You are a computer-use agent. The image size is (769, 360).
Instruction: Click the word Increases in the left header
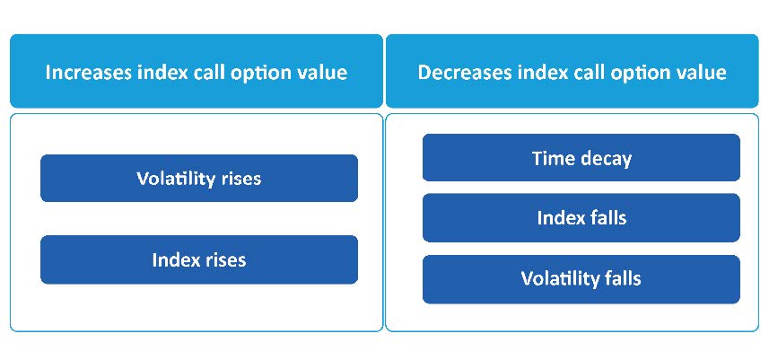coord(88,72)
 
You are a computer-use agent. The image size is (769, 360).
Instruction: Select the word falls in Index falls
coord(607,218)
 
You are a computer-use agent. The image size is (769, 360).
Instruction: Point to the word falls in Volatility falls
coord(622,278)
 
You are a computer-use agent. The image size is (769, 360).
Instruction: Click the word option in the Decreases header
coord(634,74)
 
